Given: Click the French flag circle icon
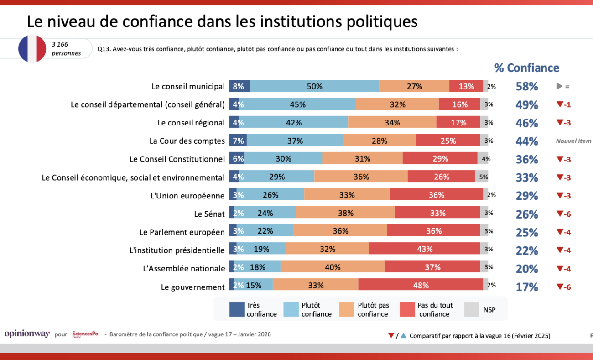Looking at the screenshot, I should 32,48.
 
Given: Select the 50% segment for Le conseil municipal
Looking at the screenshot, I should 314,86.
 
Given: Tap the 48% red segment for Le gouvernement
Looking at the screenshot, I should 421,286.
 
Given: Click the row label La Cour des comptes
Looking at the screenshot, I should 187,141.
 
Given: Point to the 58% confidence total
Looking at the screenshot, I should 527,86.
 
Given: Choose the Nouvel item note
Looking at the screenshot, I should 573,141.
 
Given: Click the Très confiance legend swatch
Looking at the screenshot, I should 237,309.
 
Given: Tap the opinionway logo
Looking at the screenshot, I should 27,334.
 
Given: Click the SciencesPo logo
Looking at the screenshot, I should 85,334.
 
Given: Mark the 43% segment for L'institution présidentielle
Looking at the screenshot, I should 424,249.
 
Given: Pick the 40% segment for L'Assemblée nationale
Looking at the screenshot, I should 333,267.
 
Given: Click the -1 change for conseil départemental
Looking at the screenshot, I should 564,104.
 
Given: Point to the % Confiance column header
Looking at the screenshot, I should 527,68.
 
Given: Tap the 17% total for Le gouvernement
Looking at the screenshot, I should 527,287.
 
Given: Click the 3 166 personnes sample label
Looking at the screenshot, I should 66,49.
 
